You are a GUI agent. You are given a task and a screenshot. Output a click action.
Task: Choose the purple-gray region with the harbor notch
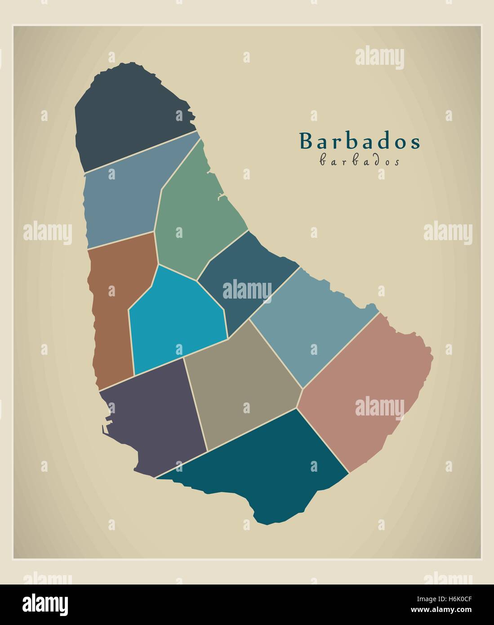(x=157, y=418)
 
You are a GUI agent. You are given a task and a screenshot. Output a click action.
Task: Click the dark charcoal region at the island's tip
(x=130, y=117)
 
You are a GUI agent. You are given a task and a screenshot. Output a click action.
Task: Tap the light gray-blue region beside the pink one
(x=310, y=324)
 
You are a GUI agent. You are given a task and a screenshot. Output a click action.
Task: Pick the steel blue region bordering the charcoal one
(x=121, y=202)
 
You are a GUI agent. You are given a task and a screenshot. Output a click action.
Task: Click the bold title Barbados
(x=360, y=142)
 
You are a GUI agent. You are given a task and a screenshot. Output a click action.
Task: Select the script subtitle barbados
(x=359, y=161)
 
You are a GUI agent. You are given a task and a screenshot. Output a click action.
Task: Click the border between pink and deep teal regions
(x=323, y=441)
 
